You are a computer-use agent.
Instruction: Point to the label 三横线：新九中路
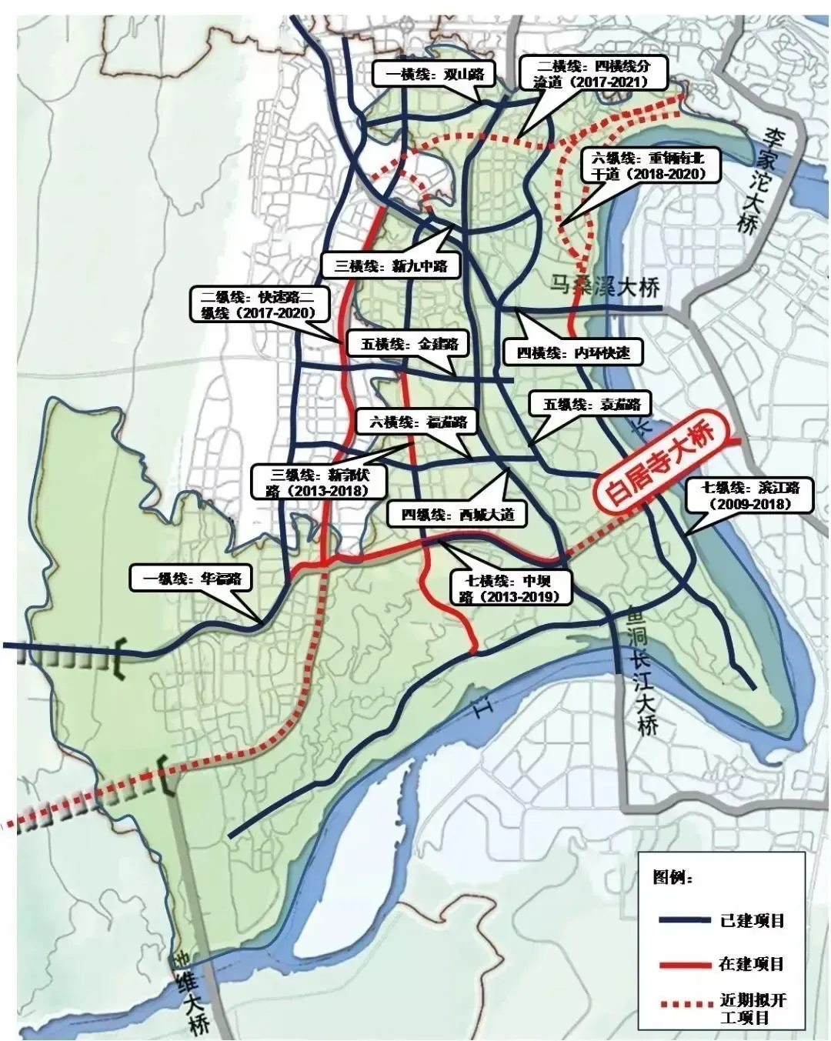(391, 266)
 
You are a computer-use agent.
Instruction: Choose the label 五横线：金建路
(409, 344)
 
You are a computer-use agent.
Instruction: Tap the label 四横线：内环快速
(572, 353)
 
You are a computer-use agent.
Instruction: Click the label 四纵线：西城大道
(457, 515)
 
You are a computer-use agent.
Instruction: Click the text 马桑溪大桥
(606, 289)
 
